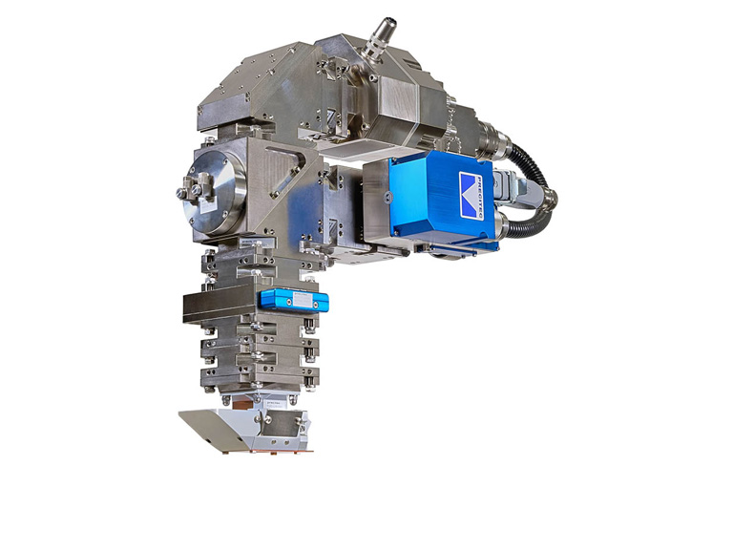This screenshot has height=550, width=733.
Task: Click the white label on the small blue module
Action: pos(301,301)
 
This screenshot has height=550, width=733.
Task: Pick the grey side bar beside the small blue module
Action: pos(219,305)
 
